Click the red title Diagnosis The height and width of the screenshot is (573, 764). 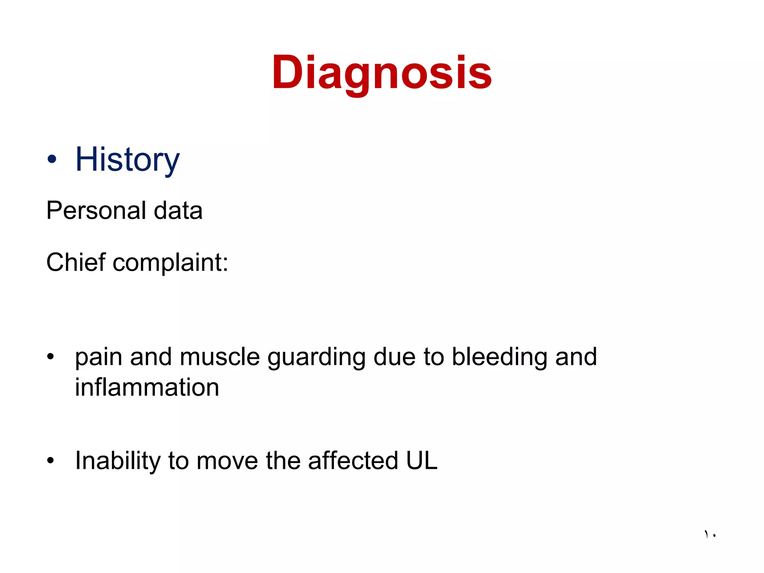click(382, 73)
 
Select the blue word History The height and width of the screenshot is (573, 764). click(127, 160)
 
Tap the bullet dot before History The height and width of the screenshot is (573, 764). click(52, 160)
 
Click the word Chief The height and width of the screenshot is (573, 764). click(76, 262)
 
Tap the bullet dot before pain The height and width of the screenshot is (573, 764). click(50, 357)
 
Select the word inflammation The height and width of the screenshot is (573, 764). click(147, 387)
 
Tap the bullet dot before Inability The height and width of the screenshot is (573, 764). click(50, 460)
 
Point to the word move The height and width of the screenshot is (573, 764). click(227, 461)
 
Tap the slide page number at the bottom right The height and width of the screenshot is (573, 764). click(710, 534)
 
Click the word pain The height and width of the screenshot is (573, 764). click(98, 358)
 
